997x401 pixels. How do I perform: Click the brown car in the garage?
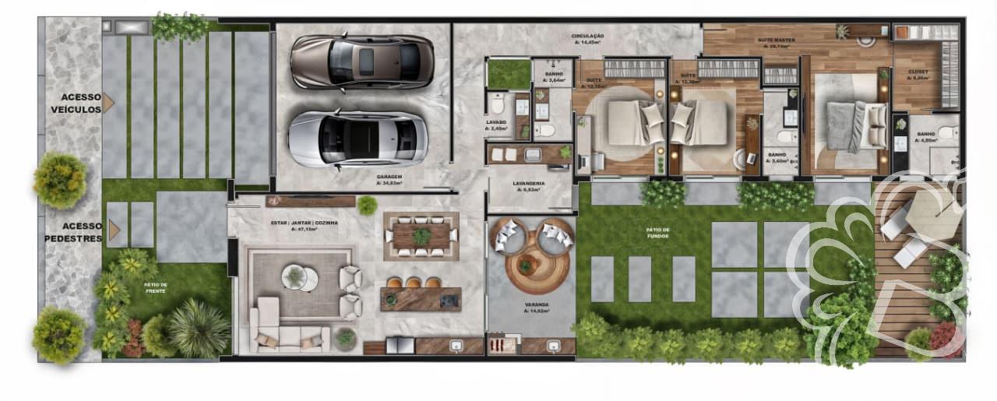coord(361,62)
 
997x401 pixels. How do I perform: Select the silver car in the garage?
coord(358,139)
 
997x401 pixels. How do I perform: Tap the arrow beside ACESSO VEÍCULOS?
coord(108,102)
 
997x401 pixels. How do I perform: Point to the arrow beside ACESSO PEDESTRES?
coord(115,230)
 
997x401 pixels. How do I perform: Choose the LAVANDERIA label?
coord(528,185)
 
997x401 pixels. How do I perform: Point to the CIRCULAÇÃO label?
coord(588,37)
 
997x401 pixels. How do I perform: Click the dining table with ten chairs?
coord(421,236)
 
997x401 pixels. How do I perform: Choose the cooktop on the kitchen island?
coord(449,299)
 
